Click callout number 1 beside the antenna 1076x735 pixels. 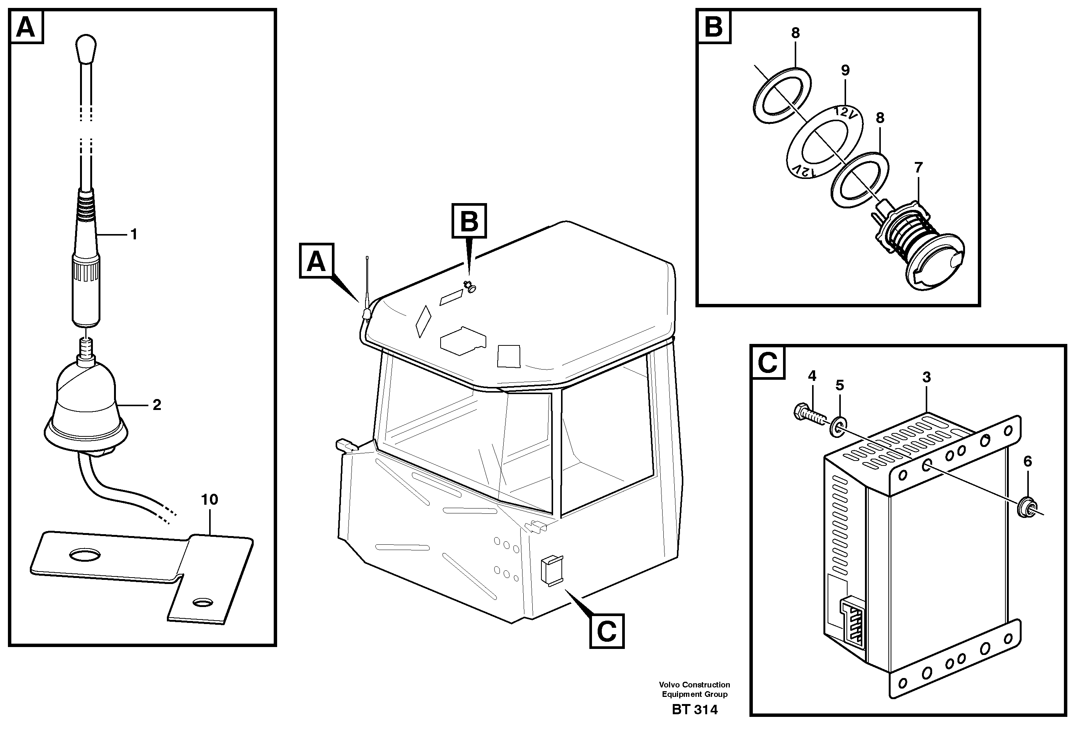[x=134, y=235]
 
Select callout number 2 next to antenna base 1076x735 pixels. [x=157, y=405]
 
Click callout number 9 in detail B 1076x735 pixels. [x=845, y=70]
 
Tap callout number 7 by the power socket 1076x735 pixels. [x=919, y=167]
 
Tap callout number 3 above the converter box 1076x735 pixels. [x=926, y=377]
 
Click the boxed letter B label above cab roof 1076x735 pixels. [x=469, y=221]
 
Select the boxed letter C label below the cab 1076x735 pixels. [x=606, y=631]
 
